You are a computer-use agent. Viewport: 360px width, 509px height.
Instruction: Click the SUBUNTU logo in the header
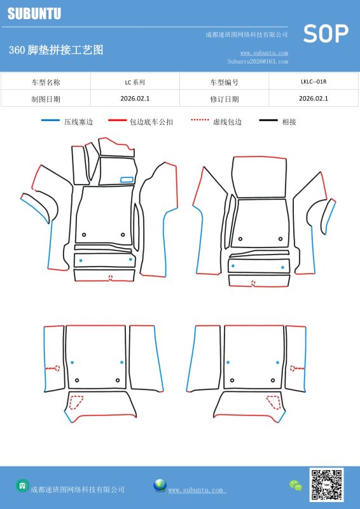pyautogui.click(x=34, y=13)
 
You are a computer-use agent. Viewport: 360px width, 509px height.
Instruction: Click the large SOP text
pyautogui.click(x=326, y=34)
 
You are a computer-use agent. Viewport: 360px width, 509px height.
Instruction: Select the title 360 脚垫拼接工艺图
pyautogui.click(x=56, y=50)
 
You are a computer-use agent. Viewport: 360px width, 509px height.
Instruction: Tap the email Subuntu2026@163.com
pyautogui.click(x=258, y=61)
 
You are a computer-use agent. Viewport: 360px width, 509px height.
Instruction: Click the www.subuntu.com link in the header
pyautogui.click(x=264, y=53)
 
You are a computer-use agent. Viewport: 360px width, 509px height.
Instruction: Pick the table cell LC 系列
pyautogui.click(x=135, y=82)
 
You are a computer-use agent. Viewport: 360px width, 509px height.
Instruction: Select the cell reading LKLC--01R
pyautogui.click(x=314, y=81)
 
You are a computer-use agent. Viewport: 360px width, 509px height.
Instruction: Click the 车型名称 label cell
pyautogui.click(x=46, y=82)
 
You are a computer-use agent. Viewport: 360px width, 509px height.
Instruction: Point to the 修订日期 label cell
pyautogui.click(x=225, y=99)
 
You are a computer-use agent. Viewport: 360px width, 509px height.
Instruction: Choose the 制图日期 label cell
pyautogui.click(x=46, y=99)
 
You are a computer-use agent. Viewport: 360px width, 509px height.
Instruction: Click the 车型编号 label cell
pyautogui.click(x=225, y=82)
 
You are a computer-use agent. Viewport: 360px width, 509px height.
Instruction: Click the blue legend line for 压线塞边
pyautogui.click(x=51, y=120)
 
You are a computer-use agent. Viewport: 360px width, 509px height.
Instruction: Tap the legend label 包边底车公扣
pyautogui.click(x=151, y=122)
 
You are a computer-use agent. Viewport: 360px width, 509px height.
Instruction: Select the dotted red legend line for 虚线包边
pyautogui.click(x=200, y=120)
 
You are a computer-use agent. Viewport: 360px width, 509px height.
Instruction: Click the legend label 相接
pyautogui.click(x=289, y=122)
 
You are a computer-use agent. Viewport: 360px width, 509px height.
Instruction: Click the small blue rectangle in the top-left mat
pyautogui.click(x=127, y=179)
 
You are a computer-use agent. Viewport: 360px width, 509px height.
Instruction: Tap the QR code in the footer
pyautogui.click(x=326, y=484)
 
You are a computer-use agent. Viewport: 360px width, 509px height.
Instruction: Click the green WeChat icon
pyautogui.click(x=296, y=485)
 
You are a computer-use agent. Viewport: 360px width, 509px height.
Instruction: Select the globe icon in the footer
pyautogui.click(x=160, y=485)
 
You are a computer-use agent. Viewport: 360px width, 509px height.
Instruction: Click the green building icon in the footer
pyautogui.click(x=22, y=485)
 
